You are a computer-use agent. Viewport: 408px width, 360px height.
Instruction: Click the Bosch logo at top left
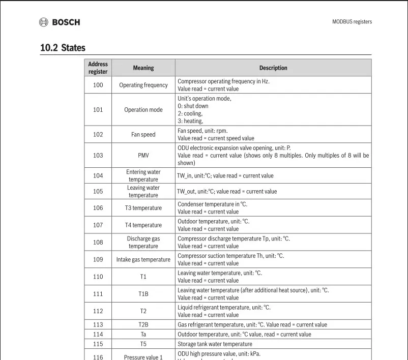click(x=60, y=22)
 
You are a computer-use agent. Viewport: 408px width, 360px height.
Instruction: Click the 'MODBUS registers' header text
click(x=352, y=22)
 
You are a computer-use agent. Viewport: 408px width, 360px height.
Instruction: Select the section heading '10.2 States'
click(x=63, y=48)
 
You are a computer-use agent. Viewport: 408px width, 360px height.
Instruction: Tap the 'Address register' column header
click(x=98, y=68)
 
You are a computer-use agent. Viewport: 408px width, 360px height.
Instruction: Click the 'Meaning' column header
click(x=143, y=68)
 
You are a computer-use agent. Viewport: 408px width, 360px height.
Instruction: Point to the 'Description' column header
click(x=273, y=68)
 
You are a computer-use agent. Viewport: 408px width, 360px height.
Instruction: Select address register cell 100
click(x=98, y=85)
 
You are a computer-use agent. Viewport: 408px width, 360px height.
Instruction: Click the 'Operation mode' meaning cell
click(x=143, y=110)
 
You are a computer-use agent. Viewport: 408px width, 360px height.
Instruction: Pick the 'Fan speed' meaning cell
click(x=143, y=135)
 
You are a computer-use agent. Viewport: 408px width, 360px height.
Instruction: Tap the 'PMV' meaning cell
click(x=143, y=156)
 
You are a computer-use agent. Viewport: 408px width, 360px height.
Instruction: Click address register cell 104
click(x=98, y=175)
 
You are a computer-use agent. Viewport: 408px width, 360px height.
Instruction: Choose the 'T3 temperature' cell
click(x=143, y=208)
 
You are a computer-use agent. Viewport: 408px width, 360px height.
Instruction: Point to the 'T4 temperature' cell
click(x=143, y=225)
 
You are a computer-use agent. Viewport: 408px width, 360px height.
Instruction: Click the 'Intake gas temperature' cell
click(x=143, y=260)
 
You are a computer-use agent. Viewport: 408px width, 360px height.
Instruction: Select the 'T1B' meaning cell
click(x=143, y=294)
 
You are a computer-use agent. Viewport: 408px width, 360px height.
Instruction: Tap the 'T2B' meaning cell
click(x=143, y=324)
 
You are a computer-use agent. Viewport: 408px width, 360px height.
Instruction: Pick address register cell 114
click(x=98, y=334)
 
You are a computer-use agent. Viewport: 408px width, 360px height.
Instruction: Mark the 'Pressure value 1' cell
click(x=143, y=357)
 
